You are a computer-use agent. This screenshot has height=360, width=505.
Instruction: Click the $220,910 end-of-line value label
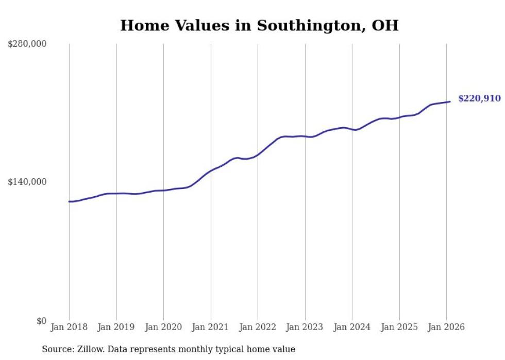click(x=479, y=98)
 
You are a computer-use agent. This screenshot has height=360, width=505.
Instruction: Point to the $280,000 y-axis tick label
click(x=27, y=44)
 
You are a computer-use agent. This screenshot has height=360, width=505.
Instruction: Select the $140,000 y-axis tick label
click(x=27, y=182)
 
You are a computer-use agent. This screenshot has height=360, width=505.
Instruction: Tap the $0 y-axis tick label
click(x=41, y=321)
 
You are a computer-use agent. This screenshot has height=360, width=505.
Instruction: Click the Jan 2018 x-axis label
click(x=69, y=327)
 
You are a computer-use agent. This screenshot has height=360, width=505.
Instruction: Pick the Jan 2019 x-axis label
click(x=116, y=327)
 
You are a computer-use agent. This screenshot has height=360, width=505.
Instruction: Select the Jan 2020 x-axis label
click(x=163, y=327)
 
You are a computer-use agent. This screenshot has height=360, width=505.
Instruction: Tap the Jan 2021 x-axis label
click(x=211, y=327)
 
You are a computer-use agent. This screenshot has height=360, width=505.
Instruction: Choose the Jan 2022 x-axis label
click(x=258, y=327)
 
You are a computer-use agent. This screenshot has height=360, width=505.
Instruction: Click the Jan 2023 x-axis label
click(x=305, y=327)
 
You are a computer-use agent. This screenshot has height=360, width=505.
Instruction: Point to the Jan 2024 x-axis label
click(x=352, y=327)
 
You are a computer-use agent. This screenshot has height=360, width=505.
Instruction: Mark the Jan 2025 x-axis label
click(x=399, y=327)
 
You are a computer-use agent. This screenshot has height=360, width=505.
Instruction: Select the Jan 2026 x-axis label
click(x=446, y=327)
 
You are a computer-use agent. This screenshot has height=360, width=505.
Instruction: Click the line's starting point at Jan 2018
click(x=69, y=201)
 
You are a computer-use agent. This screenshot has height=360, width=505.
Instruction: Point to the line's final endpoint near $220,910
click(x=450, y=101)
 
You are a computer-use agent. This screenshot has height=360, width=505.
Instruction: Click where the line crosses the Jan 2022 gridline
click(x=258, y=155)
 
